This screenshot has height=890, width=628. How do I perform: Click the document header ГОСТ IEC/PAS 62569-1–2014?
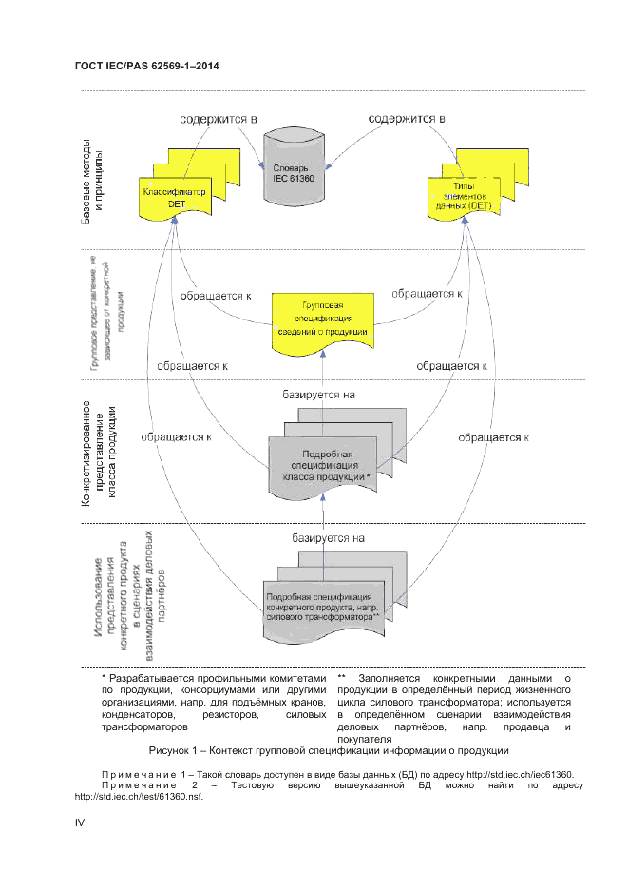pyautogui.click(x=147, y=66)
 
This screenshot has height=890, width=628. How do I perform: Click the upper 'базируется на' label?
pyautogui.click(x=318, y=393)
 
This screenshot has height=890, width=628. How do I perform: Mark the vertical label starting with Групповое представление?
pyautogui.click(x=100, y=314)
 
